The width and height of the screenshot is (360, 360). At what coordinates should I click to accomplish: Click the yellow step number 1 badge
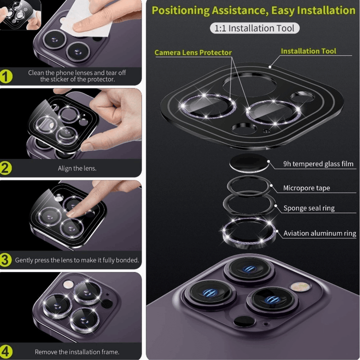(x=6, y=76)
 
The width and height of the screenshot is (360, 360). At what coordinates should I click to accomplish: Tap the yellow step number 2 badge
(x=5, y=168)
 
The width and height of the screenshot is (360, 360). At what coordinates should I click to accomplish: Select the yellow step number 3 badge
(x=5, y=260)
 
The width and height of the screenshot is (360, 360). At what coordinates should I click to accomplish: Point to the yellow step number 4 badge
(x=6, y=351)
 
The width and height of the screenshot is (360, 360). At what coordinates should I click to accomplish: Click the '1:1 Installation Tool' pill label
(x=254, y=28)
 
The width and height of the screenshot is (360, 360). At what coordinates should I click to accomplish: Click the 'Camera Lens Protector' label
(x=193, y=52)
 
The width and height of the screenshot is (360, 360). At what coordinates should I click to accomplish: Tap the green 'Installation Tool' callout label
(x=308, y=51)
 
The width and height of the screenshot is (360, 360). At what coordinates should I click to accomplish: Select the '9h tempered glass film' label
(x=318, y=163)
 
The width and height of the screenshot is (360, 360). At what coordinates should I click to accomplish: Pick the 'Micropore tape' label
(x=306, y=188)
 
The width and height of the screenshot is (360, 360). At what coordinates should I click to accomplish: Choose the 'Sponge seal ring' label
(x=309, y=208)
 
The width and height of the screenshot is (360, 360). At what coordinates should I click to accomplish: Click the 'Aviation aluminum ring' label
(x=319, y=233)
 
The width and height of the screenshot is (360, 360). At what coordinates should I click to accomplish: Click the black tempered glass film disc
(x=249, y=163)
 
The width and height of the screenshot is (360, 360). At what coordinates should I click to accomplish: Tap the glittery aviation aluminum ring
(x=249, y=243)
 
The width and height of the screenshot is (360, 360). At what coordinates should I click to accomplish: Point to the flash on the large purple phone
(x=300, y=287)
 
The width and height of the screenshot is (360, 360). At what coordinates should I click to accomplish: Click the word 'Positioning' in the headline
(x=180, y=10)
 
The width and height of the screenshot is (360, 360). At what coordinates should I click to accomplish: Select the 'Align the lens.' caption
(x=77, y=168)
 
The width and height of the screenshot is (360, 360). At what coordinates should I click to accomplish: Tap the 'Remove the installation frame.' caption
(x=77, y=352)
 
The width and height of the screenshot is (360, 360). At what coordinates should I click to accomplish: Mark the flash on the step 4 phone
(x=68, y=284)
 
